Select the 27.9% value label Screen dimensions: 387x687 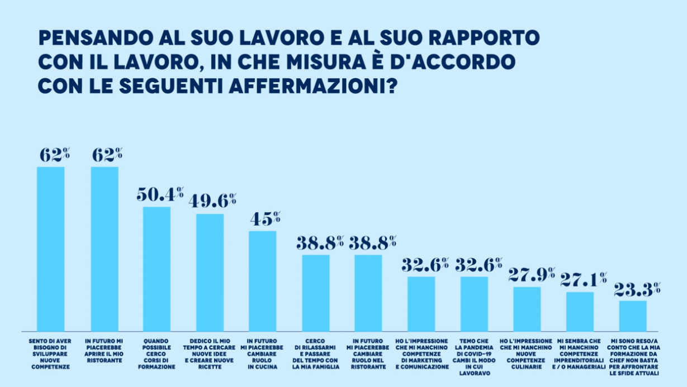click(531, 274)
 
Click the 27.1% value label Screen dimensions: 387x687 click(584, 279)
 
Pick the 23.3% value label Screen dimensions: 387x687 click(637, 288)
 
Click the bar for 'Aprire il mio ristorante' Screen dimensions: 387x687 click(105, 249)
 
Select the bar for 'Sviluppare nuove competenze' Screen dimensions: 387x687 click(51, 249)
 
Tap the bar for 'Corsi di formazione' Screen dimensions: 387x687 click(157, 269)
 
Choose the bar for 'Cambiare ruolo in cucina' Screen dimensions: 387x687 click(262, 280)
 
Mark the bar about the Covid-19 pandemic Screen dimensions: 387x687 click(474, 303)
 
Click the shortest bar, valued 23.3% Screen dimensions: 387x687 click(633, 316)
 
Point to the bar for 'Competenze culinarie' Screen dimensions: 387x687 click(527, 308)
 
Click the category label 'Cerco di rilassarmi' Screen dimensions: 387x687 click(315, 354)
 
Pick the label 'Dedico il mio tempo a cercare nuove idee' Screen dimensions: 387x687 click(210, 354)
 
